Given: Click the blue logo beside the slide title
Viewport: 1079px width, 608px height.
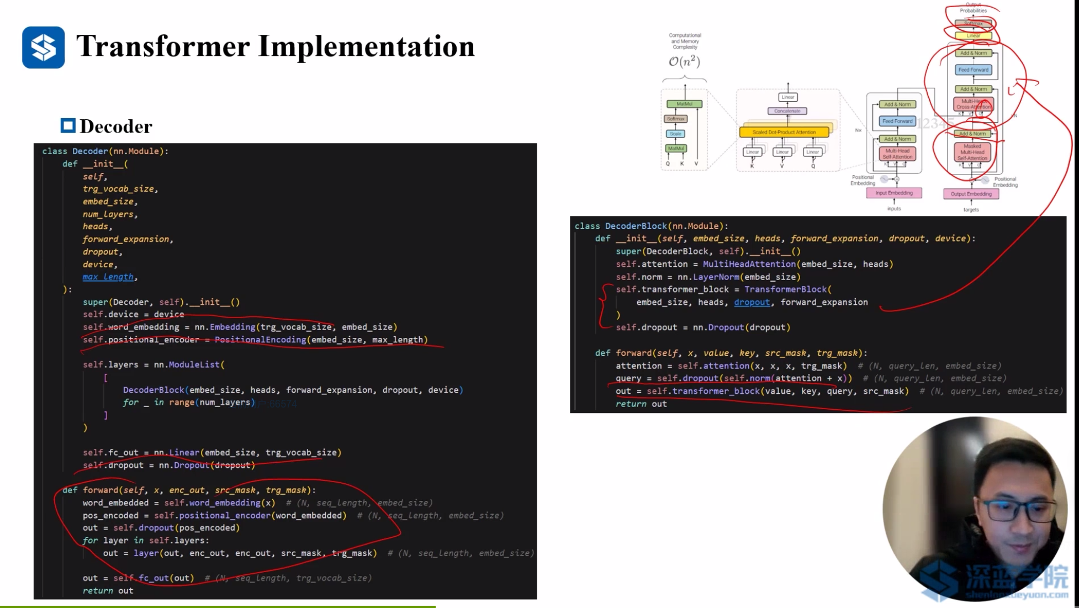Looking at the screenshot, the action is [43, 47].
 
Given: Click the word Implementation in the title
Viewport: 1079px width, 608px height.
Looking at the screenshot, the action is [366, 46].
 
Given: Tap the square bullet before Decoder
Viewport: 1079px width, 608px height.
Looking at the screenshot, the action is [68, 126].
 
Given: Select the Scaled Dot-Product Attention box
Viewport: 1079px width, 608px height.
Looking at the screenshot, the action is [784, 133].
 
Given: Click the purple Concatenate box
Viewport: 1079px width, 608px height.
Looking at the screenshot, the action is [787, 111].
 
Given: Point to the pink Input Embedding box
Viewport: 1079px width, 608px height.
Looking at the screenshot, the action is [893, 193].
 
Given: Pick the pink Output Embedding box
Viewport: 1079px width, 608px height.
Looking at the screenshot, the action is [971, 194].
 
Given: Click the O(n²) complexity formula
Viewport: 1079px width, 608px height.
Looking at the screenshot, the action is [684, 61].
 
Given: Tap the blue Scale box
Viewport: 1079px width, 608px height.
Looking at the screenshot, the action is [676, 134].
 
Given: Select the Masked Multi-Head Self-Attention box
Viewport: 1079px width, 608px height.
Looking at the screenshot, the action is [972, 152].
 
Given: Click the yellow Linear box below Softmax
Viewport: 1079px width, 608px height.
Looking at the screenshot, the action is [973, 36].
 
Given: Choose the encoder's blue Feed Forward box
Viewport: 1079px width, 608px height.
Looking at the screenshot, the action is [897, 121].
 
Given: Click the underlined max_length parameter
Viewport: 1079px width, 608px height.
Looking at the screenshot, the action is [108, 277].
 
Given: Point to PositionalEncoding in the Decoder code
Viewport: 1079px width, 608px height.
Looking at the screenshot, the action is [260, 340].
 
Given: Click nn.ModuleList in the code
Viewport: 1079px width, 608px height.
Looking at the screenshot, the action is [187, 365].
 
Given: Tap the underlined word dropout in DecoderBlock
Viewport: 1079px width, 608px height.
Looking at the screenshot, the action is [752, 303].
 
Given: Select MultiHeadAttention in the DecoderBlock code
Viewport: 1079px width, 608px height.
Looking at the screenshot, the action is [749, 265].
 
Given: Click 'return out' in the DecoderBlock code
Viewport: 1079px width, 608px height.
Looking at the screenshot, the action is [641, 404].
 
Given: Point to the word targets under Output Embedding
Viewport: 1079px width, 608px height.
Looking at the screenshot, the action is [971, 210].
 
